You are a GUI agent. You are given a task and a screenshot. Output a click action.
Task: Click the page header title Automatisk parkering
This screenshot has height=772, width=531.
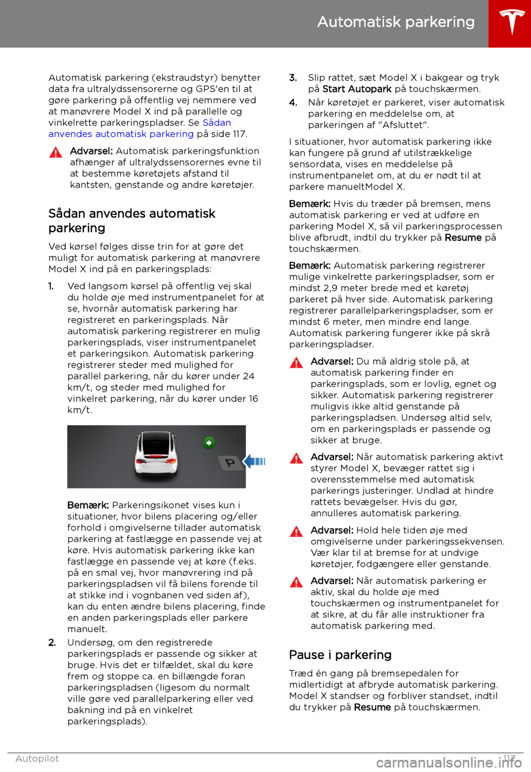point(395,22)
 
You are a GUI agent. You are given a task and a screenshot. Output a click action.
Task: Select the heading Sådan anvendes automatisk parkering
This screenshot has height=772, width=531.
point(132,221)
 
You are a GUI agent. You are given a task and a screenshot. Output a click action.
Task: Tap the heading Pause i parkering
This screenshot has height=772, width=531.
point(340,655)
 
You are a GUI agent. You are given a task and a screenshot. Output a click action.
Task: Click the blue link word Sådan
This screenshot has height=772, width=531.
point(217,123)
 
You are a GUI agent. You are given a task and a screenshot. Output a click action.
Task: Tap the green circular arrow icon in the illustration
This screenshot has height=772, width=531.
point(209,442)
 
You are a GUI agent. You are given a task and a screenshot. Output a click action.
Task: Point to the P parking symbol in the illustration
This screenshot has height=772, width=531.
point(230,462)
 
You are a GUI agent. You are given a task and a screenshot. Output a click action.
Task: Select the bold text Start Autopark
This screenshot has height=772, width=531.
point(357,89)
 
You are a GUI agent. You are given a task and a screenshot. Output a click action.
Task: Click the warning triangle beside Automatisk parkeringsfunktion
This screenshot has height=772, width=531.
point(56,153)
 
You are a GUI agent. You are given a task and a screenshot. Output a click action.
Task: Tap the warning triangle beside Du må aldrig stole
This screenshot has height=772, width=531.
point(296,363)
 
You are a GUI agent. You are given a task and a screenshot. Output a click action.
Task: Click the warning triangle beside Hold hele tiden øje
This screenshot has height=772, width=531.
point(296,531)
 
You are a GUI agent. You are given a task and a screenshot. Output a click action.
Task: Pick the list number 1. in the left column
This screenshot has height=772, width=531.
point(51,286)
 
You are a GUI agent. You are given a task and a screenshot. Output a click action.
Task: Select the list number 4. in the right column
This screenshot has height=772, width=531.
point(293,103)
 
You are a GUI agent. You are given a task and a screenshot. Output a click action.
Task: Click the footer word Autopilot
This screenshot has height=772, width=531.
point(37,759)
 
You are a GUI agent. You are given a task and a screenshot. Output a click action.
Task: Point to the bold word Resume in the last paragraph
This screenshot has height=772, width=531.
point(372,707)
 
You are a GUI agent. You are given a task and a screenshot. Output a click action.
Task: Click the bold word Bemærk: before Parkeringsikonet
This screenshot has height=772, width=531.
point(88,505)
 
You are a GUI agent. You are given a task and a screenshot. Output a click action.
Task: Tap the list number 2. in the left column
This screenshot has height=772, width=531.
point(52,643)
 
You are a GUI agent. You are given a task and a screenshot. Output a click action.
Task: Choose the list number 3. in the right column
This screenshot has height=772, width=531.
point(293,78)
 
